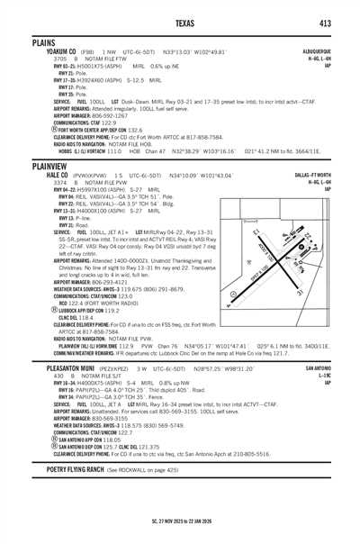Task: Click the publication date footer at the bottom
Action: (180, 520)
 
